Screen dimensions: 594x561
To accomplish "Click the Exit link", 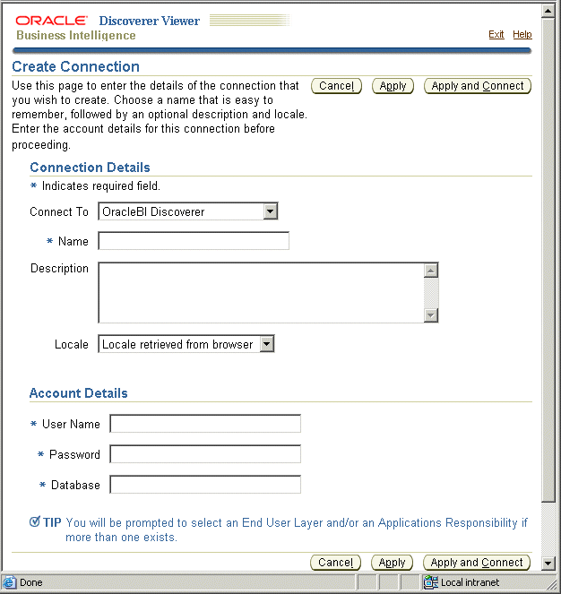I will tap(496, 34).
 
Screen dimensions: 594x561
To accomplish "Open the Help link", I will tap(522, 34).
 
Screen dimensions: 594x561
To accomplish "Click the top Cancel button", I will tap(336, 86).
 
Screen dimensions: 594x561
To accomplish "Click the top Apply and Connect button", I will tap(478, 86).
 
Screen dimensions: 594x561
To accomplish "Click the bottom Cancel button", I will tap(335, 563).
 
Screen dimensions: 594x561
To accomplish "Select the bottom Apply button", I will tap(393, 563).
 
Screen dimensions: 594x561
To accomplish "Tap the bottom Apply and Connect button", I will tap(477, 563).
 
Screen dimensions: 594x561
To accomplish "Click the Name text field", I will tap(194, 241).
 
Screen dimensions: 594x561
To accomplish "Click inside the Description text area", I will tap(260, 292).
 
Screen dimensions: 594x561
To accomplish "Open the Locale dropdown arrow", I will tap(267, 344).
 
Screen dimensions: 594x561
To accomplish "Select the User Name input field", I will tap(205, 424).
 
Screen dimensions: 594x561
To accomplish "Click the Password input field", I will tap(205, 454).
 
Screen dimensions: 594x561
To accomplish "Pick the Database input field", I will tap(205, 485).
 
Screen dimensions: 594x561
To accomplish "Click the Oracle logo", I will tap(52, 20).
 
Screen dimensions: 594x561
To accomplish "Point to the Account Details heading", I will tap(79, 393).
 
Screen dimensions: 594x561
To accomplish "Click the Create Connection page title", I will tap(76, 66).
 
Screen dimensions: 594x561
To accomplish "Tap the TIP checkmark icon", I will tap(35, 521).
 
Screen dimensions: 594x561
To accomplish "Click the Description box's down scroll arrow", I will tap(431, 314).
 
